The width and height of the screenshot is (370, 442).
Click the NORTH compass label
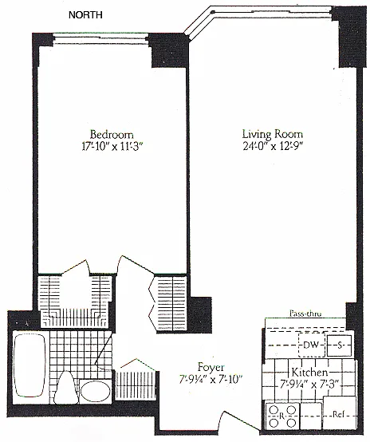[x=85, y=14]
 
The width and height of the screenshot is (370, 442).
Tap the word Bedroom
[x=112, y=135]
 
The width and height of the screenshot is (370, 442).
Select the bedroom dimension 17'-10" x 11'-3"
[x=113, y=147]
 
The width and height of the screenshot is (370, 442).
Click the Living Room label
[x=273, y=134]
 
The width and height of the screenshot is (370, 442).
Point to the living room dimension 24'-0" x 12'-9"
[x=273, y=146]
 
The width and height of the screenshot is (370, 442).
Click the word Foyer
[x=211, y=367]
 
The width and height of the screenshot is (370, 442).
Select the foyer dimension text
[x=211, y=380]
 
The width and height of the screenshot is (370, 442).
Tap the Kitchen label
[x=309, y=372]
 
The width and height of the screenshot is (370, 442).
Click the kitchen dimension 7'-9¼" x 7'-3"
[x=309, y=384]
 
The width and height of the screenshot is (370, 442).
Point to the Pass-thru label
[x=305, y=314]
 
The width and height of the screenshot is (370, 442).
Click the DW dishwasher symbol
[x=312, y=345]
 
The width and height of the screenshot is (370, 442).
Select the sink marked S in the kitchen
[x=339, y=345]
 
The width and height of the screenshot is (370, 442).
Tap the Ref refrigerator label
[x=337, y=414]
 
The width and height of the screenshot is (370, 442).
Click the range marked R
[x=282, y=416]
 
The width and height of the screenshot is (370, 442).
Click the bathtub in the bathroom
[x=30, y=366]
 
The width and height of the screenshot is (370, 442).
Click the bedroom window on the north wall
[x=100, y=39]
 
